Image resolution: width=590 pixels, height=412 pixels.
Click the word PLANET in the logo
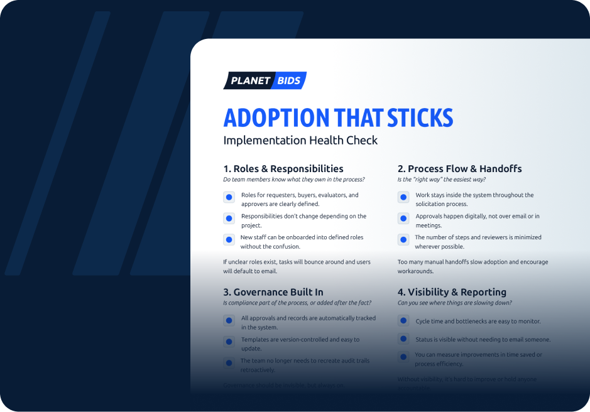click(x=250, y=81)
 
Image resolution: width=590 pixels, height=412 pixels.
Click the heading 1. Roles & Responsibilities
click(x=283, y=168)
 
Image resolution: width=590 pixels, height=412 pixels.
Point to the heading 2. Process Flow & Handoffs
click(x=459, y=168)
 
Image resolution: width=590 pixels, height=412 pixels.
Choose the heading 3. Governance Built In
click(x=273, y=292)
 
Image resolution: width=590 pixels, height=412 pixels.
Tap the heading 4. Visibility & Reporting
click(x=452, y=292)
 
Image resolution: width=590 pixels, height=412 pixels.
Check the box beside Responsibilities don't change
click(x=229, y=219)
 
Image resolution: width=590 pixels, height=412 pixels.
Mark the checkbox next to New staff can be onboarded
click(x=229, y=240)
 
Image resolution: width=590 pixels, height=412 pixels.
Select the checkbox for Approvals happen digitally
click(x=403, y=219)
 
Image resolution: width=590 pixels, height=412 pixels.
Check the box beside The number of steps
click(x=403, y=240)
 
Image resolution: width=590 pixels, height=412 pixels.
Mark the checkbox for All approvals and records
click(x=229, y=321)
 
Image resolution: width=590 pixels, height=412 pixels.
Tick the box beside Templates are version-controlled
click(x=229, y=342)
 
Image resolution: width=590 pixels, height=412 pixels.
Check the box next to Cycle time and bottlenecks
click(x=403, y=321)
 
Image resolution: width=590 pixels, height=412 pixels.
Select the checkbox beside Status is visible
click(x=403, y=339)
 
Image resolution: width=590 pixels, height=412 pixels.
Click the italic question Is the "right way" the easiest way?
click(x=441, y=180)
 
